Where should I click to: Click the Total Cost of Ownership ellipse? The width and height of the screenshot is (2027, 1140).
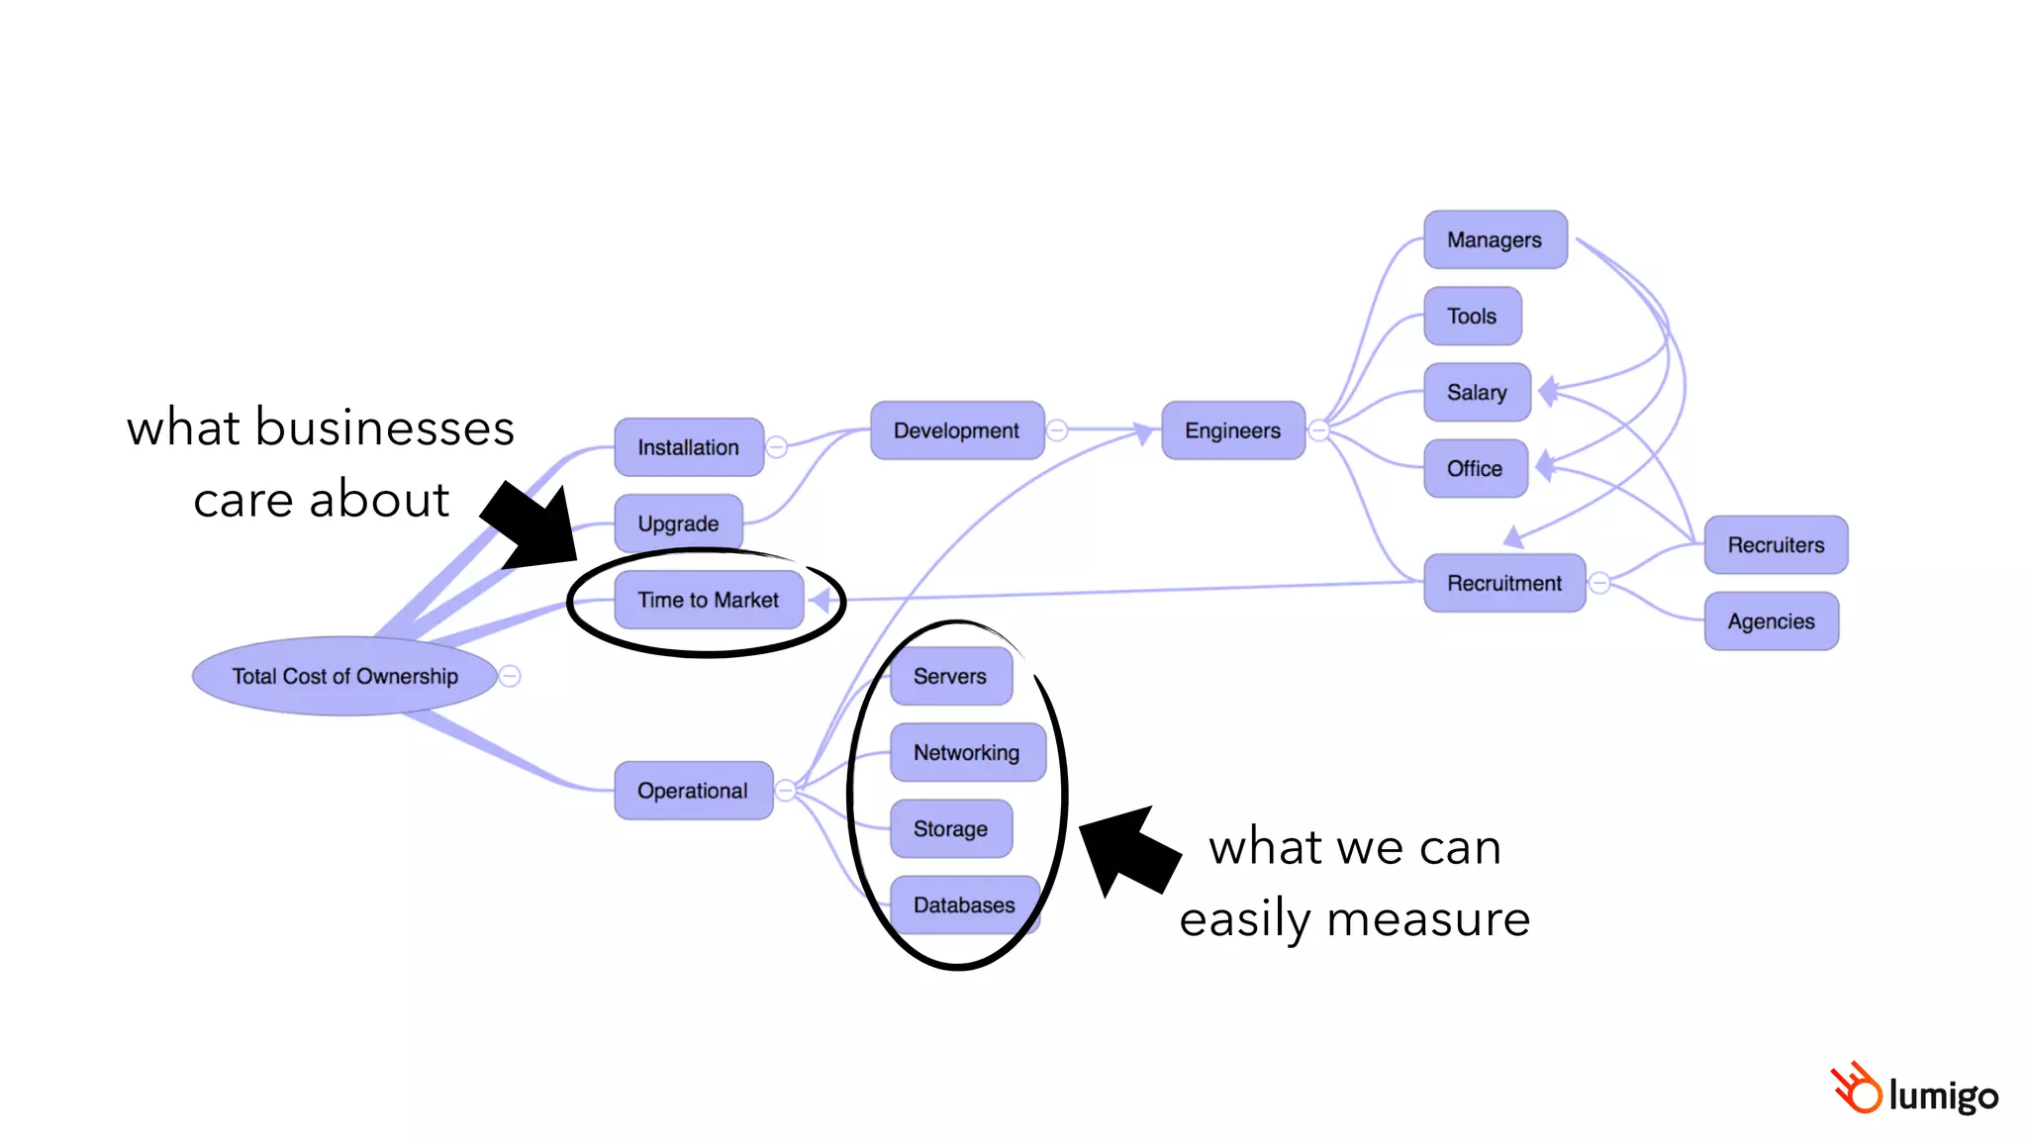coord(344,676)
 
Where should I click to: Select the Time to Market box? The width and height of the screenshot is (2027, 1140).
coord(708,600)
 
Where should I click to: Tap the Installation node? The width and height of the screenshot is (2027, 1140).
coord(688,447)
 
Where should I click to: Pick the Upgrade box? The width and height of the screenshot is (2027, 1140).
coord(678,523)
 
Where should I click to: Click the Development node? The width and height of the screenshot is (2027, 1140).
coord(956,430)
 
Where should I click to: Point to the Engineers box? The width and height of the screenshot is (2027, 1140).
coord(1232,430)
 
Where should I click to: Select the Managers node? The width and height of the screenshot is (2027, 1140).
coord(1495,239)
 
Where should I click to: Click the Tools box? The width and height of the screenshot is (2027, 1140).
coord(1472,316)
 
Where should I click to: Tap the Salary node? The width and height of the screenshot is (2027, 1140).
coord(1477,392)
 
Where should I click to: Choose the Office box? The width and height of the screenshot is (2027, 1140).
coord(1475,468)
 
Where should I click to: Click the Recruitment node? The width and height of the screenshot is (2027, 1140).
coord(1504,583)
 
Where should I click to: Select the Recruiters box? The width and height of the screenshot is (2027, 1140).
coord(1776,544)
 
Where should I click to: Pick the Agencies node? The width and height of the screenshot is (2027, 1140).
coord(1771,621)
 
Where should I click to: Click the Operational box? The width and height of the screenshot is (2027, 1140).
coord(693,791)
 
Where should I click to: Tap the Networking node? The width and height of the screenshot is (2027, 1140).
coord(967,752)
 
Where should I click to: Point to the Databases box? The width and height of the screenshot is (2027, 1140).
coord(964,904)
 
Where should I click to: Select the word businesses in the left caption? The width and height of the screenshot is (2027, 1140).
coord(385,428)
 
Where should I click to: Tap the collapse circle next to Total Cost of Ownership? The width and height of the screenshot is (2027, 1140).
coord(510,676)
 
